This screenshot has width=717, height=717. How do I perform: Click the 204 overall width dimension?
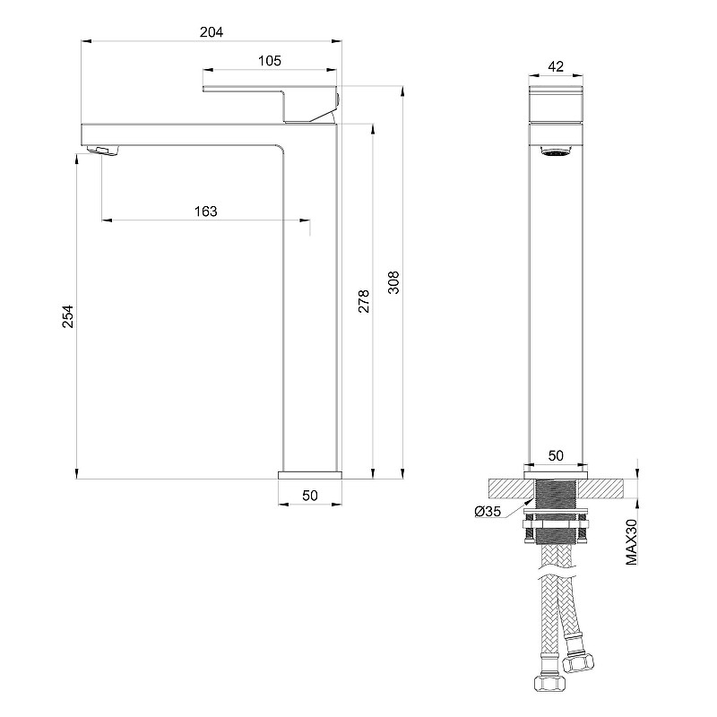click(212, 32)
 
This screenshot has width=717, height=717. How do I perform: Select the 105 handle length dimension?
click(270, 61)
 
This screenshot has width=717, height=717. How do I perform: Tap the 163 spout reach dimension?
click(206, 212)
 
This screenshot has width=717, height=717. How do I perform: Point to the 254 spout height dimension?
click(68, 316)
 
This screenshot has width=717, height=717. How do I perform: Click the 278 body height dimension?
click(364, 301)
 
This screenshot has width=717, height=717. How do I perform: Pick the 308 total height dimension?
click(393, 282)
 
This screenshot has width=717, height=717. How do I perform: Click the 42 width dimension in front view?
click(556, 66)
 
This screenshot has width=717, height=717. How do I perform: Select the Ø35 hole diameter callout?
click(488, 511)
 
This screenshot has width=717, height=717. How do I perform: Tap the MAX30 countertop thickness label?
click(632, 542)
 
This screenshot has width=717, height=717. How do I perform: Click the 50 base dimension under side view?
click(310, 496)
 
